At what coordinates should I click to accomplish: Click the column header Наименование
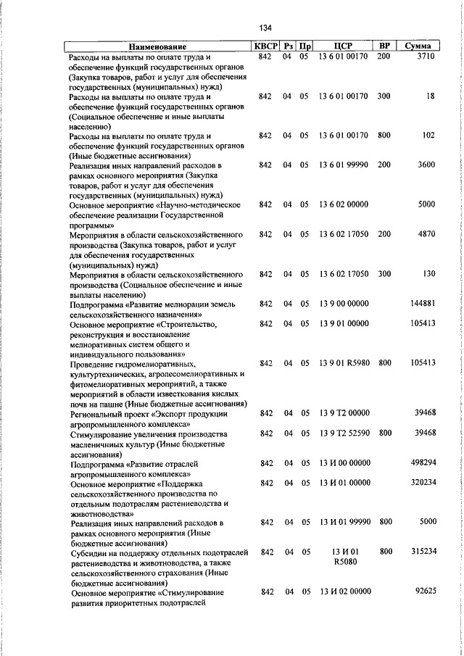click(158, 47)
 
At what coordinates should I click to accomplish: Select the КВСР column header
click(265, 46)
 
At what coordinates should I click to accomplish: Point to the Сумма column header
click(418, 46)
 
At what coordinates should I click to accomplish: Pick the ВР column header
click(384, 46)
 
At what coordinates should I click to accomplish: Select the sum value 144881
click(422, 303)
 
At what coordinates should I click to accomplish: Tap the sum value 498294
click(422, 462)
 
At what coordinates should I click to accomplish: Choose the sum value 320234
click(422, 481)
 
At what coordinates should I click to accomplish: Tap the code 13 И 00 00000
click(344, 462)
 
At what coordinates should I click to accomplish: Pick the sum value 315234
click(422, 552)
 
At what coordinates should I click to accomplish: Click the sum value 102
click(428, 135)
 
